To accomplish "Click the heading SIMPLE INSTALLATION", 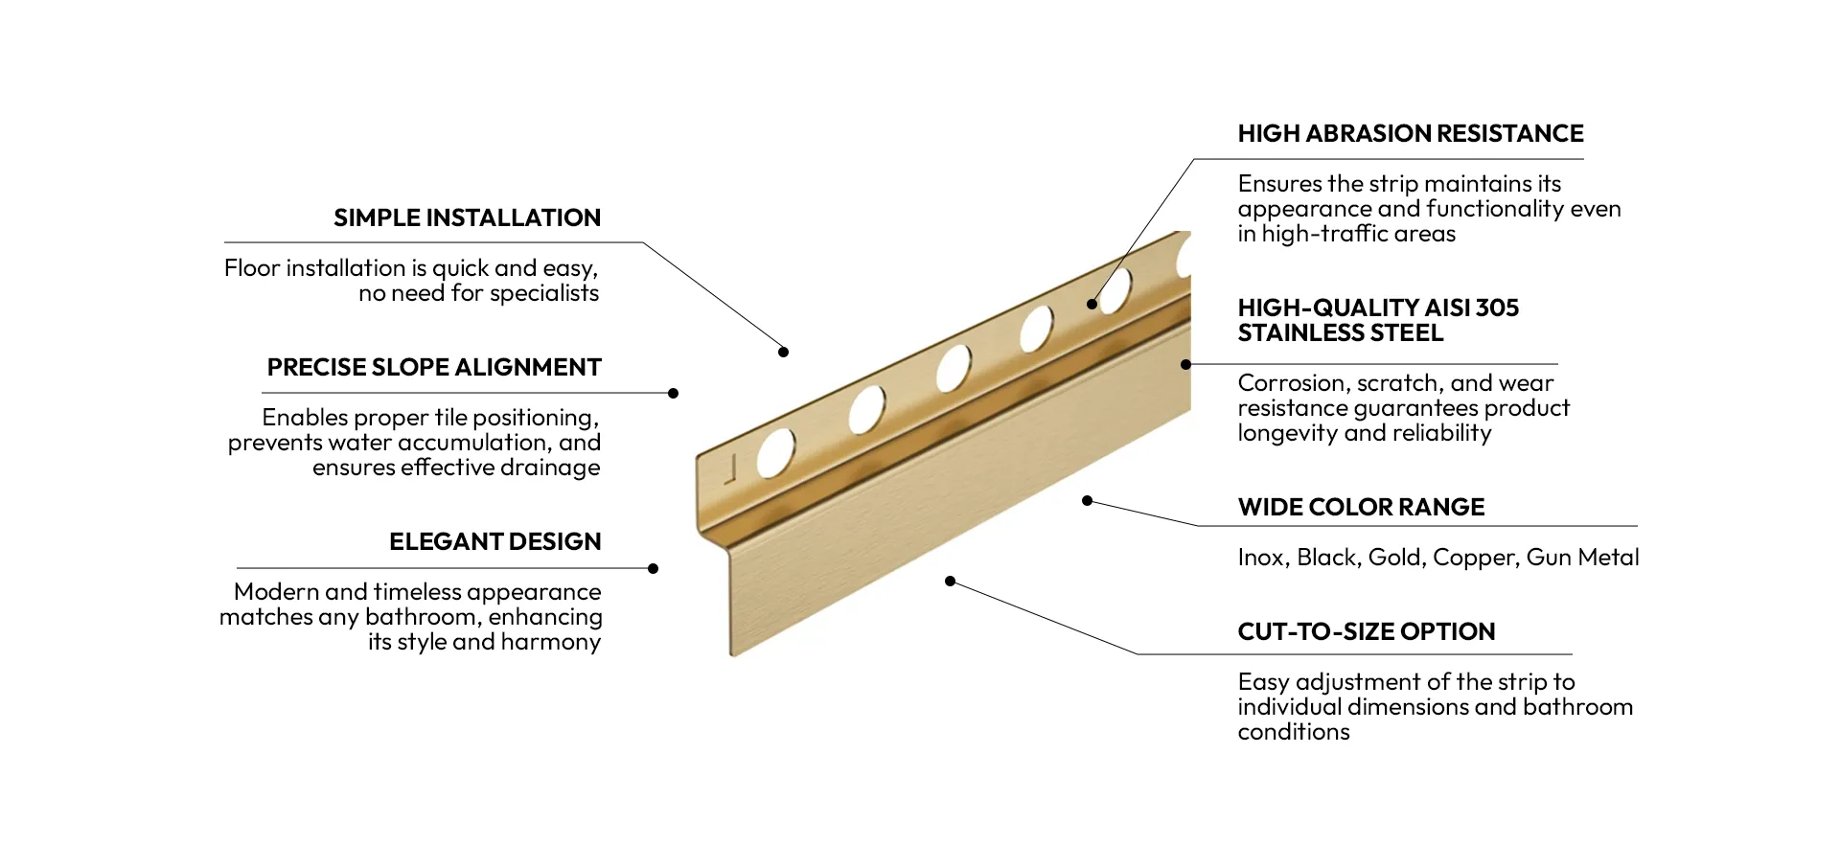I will tap(467, 218).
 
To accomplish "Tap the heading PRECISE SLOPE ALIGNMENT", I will tap(434, 368).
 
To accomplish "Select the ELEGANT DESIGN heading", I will tap(494, 542).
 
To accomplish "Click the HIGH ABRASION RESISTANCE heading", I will tap(1410, 134).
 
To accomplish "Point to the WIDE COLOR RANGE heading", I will tap(1361, 508).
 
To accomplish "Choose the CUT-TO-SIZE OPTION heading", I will tap(1366, 632).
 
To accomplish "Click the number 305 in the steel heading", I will tap(1497, 308).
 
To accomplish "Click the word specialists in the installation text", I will tap(543, 294).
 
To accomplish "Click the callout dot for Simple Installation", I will tap(783, 353).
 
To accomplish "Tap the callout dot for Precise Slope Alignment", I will tap(673, 394).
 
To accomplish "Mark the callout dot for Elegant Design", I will tap(653, 569).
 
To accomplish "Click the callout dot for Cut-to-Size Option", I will tap(950, 582).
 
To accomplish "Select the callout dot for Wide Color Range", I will tap(1087, 501).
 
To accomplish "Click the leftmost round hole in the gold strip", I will tap(775, 453).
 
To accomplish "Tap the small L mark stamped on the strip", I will tap(730, 468).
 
